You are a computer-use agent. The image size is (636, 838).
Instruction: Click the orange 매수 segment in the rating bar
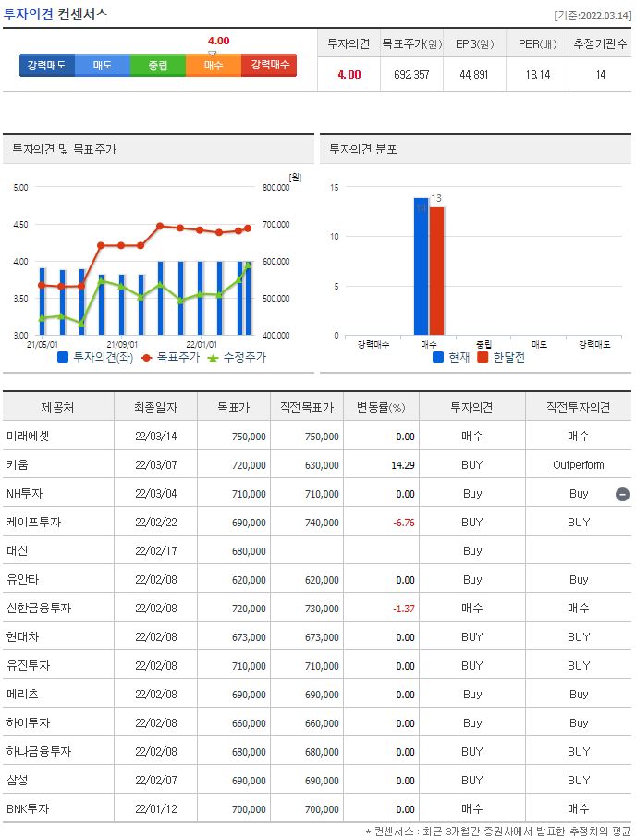click(x=214, y=66)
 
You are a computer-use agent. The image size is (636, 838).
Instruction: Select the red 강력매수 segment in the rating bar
click(x=268, y=66)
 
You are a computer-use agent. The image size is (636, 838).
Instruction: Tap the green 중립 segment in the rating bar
click(x=158, y=66)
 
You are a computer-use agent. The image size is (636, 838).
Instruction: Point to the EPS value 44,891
click(x=475, y=75)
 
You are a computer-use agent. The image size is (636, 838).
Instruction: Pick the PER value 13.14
click(x=537, y=75)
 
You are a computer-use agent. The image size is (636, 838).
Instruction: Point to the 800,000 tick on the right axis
click(x=277, y=188)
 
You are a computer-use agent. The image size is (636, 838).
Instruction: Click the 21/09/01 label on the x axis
click(x=122, y=342)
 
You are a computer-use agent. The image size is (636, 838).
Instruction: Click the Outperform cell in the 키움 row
click(x=579, y=465)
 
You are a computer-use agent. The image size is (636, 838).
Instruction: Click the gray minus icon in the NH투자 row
click(x=623, y=494)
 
